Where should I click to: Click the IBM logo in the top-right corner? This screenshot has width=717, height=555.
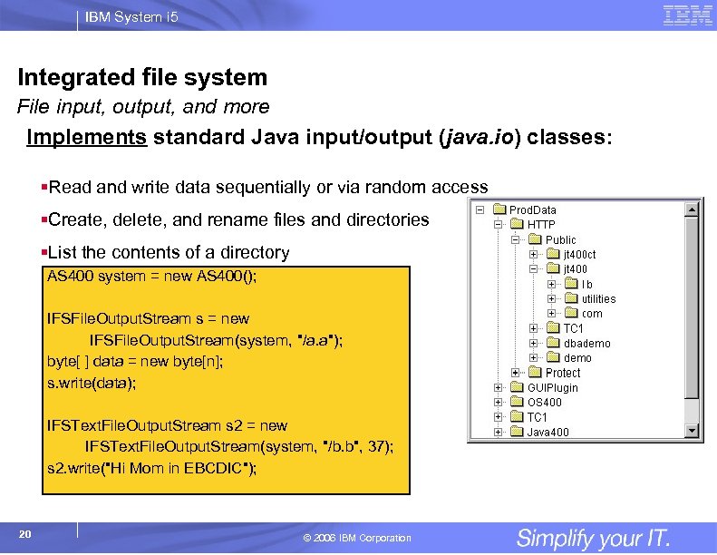coord(687,15)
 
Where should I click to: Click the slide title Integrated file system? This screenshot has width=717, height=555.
coord(142,77)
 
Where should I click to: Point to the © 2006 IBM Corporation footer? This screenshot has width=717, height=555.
coord(357,539)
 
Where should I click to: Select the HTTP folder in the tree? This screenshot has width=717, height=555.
coord(541,225)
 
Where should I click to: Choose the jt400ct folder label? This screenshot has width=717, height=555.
coord(579,255)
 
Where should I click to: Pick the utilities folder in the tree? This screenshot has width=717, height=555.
coord(598,299)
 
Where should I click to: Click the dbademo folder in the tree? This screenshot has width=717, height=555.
coord(586,344)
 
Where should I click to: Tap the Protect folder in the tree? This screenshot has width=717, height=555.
coord(562,373)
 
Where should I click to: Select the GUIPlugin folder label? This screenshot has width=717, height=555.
coord(552,388)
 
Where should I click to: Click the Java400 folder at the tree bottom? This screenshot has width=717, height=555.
coord(547,433)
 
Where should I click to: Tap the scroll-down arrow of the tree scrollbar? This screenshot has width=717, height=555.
coord(693,431)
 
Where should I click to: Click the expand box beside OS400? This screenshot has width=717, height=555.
coord(499,403)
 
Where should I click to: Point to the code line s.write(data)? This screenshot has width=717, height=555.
coord(92,384)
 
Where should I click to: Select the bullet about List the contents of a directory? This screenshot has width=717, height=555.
coord(169,253)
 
